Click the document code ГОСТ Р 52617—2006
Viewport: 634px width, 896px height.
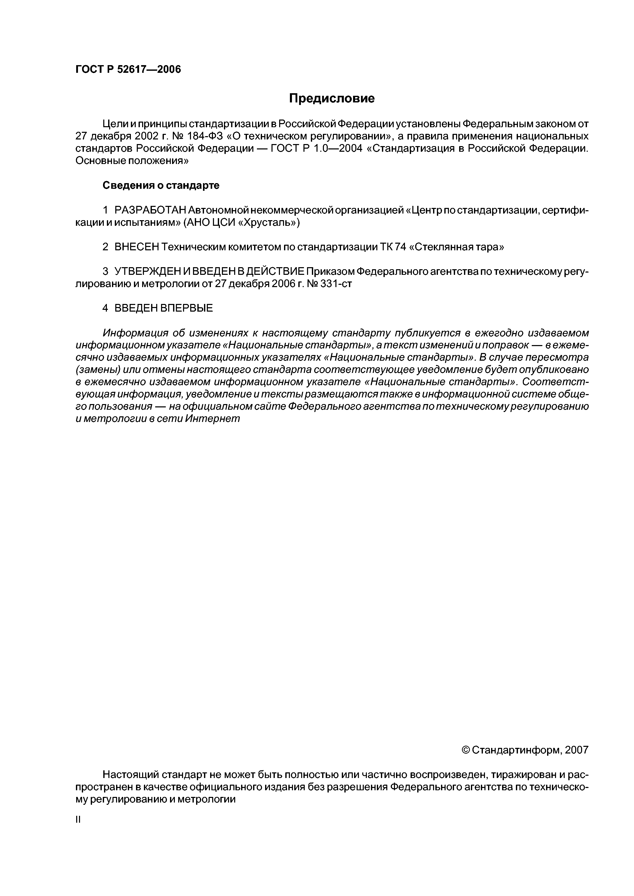tap(128, 69)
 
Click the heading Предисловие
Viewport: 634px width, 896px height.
tap(332, 99)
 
